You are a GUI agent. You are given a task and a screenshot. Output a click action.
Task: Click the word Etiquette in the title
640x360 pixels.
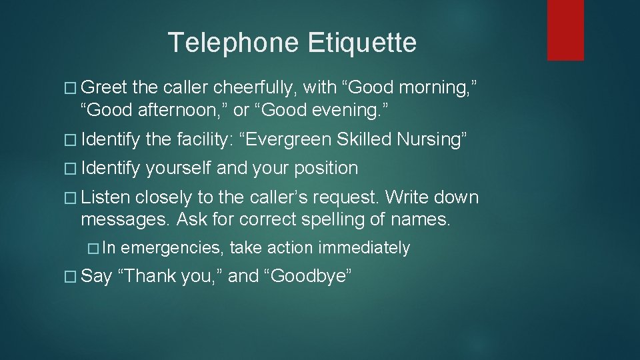tap(362, 43)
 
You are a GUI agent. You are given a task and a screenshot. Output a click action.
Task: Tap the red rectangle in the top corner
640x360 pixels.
tap(565, 30)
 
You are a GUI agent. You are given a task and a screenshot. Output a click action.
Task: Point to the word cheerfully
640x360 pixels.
tap(257, 87)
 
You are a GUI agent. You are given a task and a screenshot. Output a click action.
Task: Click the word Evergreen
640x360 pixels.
tap(291, 139)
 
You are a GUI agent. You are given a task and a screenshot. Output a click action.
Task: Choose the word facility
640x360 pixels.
tap(203, 139)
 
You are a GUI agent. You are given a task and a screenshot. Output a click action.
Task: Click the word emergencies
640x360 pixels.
tap(172, 248)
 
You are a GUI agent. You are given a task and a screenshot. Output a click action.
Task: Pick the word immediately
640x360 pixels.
tap(363, 248)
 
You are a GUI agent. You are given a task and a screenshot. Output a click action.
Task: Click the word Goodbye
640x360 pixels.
tap(308, 276)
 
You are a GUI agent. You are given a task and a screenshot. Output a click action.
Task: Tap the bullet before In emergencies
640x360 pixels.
tap(93, 248)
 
